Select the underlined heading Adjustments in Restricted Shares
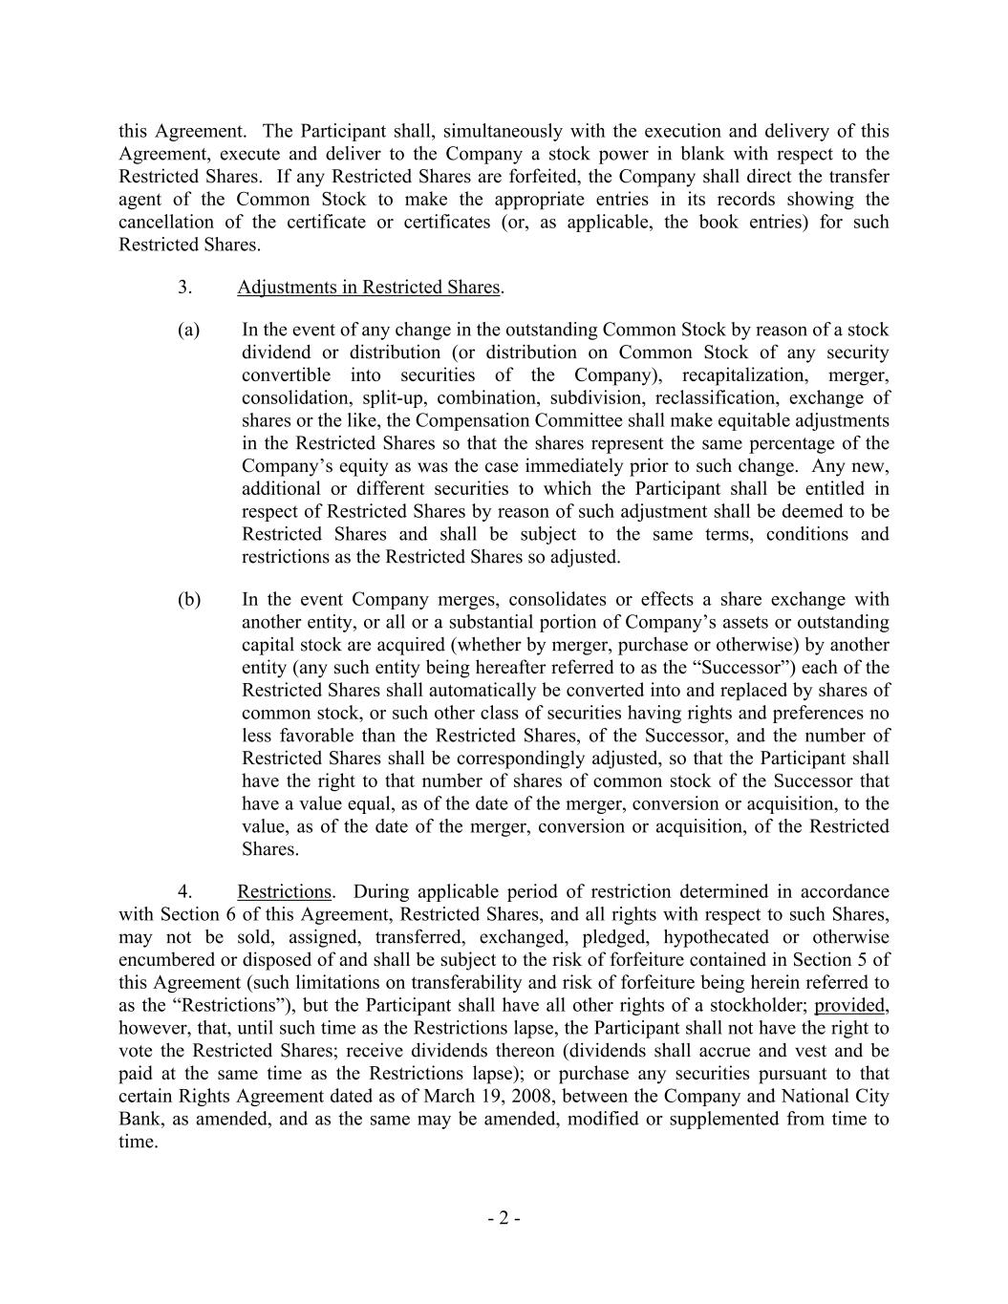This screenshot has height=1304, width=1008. [369, 287]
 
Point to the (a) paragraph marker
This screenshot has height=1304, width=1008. [189, 330]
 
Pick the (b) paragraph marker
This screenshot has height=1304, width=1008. [189, 600]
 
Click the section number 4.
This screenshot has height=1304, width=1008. [185, 891]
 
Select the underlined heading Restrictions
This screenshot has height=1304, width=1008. [284, 891]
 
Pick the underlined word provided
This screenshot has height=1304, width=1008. [849, 1005]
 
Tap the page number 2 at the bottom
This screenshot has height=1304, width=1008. [504, 1218]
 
